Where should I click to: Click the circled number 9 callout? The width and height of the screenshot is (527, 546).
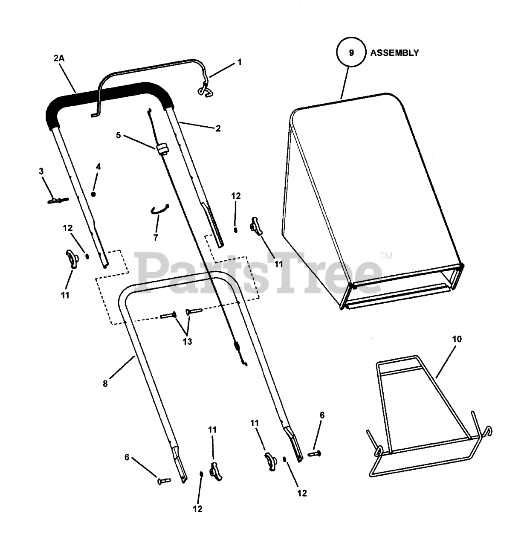point(351,53)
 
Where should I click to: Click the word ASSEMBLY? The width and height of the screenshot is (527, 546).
point(394,53)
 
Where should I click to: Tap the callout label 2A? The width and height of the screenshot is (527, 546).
point(59,58)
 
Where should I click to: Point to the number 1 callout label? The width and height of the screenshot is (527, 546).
point(239,62)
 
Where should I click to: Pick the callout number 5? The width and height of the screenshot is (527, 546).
point(119,136)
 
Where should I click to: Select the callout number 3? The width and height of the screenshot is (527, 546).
point(41,171)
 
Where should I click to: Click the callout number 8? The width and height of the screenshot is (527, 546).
point(105,383)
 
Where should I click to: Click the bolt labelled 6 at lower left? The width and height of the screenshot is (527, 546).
point(164,480)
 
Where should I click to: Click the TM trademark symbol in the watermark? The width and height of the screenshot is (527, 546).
point(386,256)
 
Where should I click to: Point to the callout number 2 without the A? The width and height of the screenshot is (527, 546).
point(218,128)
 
